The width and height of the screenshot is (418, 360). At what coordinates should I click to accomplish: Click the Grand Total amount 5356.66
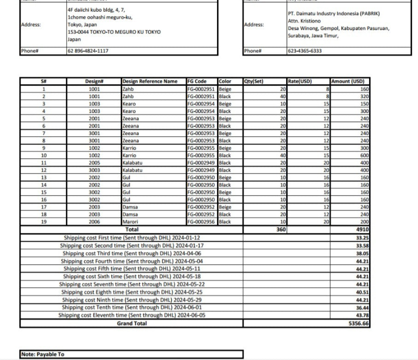point(359,324)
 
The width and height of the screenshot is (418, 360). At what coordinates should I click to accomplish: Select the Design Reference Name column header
point(150,81)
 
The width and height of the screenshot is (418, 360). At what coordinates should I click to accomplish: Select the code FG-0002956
point(201,222)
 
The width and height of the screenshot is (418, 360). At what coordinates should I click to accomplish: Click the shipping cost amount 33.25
point(362,238)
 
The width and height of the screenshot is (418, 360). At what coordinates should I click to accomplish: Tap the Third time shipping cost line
point(132,253)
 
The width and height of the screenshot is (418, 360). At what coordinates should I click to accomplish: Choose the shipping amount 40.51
point(362,292)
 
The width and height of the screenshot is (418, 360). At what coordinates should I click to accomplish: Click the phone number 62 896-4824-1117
point(88,51)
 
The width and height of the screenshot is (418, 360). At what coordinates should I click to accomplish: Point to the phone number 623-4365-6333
point(305,51)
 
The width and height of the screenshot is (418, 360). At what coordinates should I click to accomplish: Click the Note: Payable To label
point(42,354)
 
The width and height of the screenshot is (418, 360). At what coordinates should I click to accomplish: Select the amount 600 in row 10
point(365,156)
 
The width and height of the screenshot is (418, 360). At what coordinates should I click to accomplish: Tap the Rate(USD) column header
point(300,81)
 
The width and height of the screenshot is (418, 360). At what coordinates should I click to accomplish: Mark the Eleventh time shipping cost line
point(132,315)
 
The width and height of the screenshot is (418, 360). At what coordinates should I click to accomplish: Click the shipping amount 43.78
point(362,315)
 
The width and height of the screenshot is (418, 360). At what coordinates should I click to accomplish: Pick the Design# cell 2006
point(94,222)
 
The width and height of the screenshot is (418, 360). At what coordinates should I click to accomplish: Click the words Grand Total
point(132,324)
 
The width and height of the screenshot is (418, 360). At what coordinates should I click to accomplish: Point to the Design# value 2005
point(94,163)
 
